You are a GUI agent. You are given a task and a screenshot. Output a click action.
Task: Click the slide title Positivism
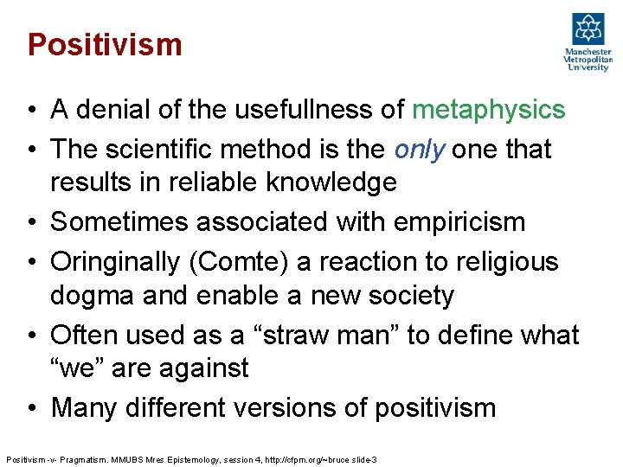pyautogui.click(x=105, y=44)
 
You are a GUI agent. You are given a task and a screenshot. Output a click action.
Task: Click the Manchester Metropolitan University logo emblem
pyautogui.click(x=588, y=30)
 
